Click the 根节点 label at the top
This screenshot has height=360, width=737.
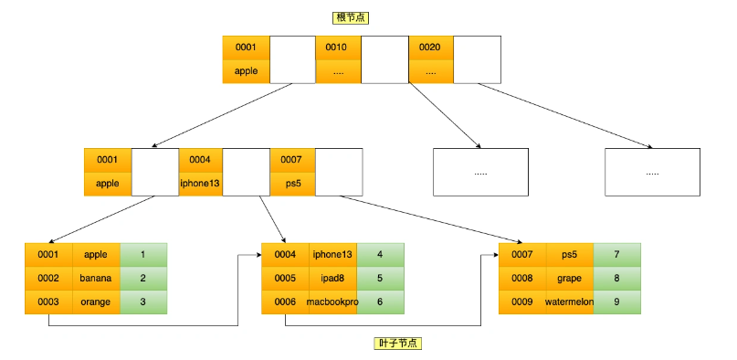pyautogui.click(x=351, y=18)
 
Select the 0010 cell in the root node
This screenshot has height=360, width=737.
pyautogui.click(x=338, y=48)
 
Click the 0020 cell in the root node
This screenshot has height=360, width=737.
pyautogui.click(x=430, y=48)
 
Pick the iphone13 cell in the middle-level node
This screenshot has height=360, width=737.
pyautogui.click(x=200, y=184)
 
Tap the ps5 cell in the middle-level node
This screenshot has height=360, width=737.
pyautogui.click(x=292, y=184)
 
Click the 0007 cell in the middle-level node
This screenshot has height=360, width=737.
pyautogui.click(x=292, y=160)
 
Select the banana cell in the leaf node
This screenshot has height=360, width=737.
pyautogui.click(x=96, y=279)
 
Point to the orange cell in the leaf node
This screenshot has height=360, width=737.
pyautogui.click(x=96, y=302)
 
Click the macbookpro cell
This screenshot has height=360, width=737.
pyautogui.click(x=332, y=302)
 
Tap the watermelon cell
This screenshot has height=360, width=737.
pyautogui.click(x=570, y=302)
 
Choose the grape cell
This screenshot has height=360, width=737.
pyautogui.click(x=570, y=279)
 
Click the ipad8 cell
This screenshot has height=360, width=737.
pyautogui.click(x=332, y=279)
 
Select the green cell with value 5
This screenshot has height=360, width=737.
pyautogui.click(x=380, y=279)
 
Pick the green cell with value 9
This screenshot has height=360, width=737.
pyautogui.click(x=617, y=302)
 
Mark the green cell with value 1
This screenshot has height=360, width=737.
pyautogui.click(x=143, y=255)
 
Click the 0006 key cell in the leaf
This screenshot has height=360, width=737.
pyautogui.click(x=285, y=302)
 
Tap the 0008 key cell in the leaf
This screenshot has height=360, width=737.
pyautogui.click(x=522, y=279)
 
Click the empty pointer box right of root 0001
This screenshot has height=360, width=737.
pyautogui.click(x=292, y=59)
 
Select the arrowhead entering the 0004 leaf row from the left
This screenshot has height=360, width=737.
pyautogui.click(x=259, y=255)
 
